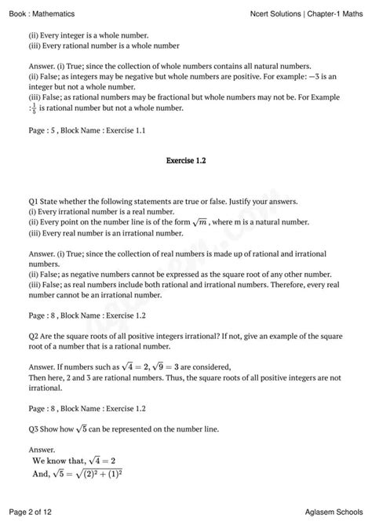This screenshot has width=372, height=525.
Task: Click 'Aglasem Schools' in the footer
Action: click(x=330, y=512)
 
